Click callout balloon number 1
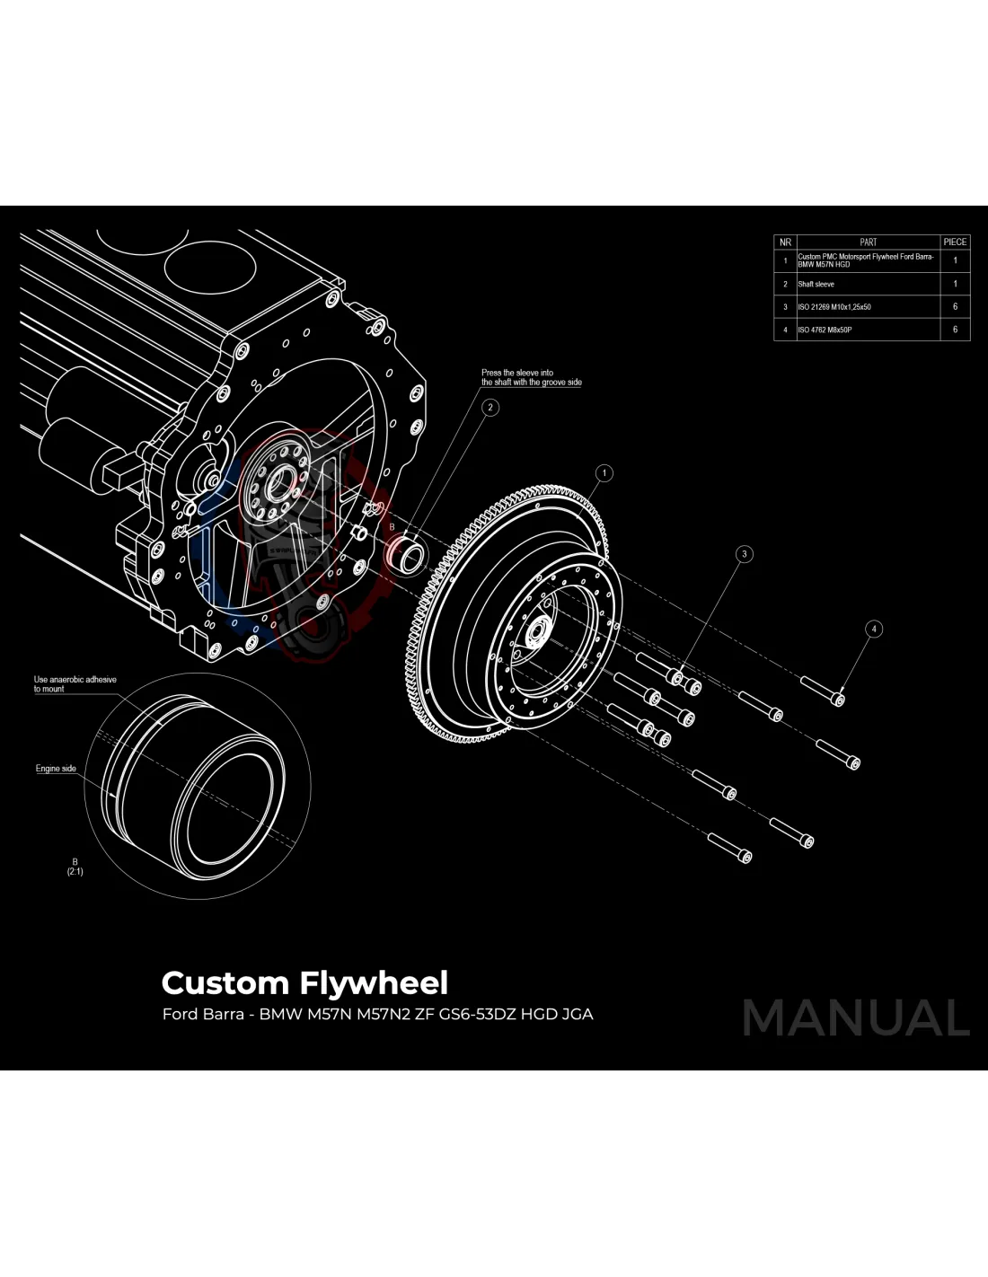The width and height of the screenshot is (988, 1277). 604,472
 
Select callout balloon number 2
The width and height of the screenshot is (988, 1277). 490,407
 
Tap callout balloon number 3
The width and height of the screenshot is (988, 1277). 744,554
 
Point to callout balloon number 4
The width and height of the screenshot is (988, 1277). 874,629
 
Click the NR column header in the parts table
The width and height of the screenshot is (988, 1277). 785,242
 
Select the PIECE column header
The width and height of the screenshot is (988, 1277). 955,242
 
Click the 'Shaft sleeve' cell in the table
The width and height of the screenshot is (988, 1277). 816,284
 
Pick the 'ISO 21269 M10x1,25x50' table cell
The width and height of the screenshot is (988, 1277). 834,307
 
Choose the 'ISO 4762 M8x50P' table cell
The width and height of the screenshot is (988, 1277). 825,330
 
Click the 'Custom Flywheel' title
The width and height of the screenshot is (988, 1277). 304,982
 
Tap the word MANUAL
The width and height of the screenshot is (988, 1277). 855,1018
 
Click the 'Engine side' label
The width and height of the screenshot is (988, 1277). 56,769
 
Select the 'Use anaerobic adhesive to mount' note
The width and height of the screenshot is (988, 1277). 75,684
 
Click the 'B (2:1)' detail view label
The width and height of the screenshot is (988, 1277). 75,867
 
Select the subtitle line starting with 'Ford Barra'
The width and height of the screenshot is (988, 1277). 377,1014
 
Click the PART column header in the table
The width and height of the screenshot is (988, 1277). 868,242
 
